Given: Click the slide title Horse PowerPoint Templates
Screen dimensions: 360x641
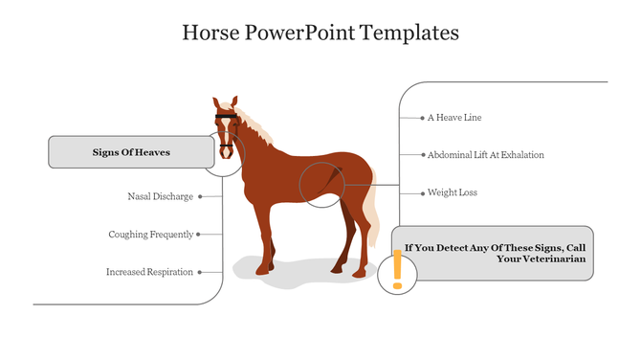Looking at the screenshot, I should pyautogui.click(x=320, y=33).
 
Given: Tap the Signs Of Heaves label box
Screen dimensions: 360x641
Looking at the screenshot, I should pyautogui.click(x=131, y=152).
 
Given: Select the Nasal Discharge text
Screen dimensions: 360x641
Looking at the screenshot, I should pyautogui.click(x=160, y=196).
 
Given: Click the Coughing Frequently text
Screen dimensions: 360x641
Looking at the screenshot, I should pyautogui.click(x=150, y=234).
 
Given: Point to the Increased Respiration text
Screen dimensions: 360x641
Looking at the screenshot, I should pyautogui.click(x=149, y=272).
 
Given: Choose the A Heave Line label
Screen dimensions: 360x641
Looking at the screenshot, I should pyautogui.click(x=454, y=118).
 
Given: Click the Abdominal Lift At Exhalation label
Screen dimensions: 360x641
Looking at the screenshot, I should pyautogui.click(x=485, y=155).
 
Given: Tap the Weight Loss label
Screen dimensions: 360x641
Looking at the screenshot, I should pyautogui.click(x=452, y=193).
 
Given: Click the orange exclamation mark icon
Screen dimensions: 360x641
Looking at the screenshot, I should pyautogui.click(x=396, y=271).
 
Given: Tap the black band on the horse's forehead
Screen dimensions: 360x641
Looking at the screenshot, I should pyautogui.click(x=226, y=116).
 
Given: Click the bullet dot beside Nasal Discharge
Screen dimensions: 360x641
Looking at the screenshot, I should pyautogui.click(x=199, y=196).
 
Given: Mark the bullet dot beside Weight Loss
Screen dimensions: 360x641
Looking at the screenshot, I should pyautogui.click(x=422, y=193).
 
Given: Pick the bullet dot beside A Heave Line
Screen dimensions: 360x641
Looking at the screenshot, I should pyautogui.click(x=422, y=118).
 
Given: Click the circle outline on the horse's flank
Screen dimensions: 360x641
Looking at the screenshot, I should pyautogui.click(x=321, y=184).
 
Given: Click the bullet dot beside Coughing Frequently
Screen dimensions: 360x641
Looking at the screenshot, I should pyautogui.click(x=199, y=234).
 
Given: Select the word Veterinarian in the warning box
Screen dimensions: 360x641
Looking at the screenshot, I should pyautogui.click(x=550, y=259).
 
